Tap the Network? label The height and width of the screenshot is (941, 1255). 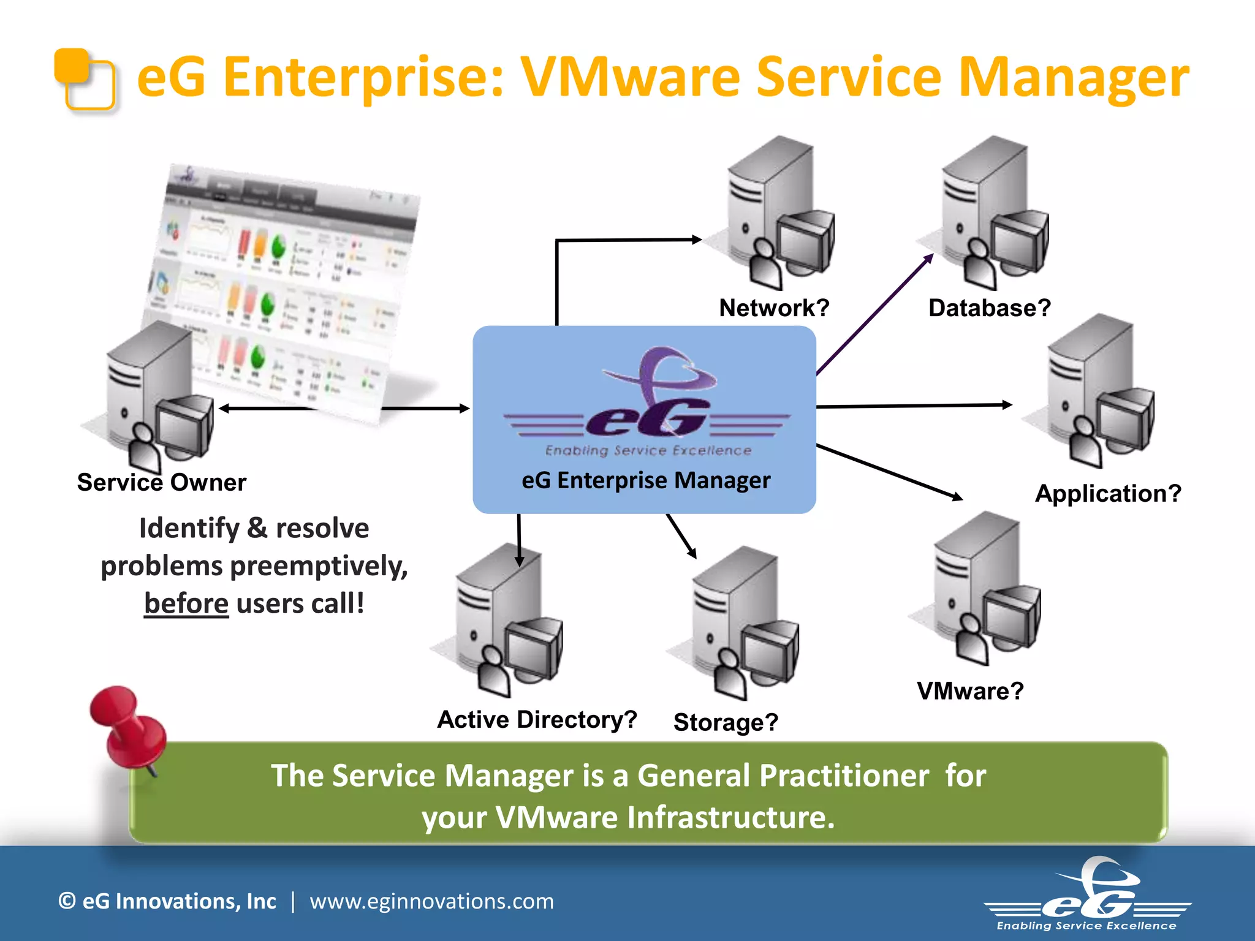click(x=774, y=308)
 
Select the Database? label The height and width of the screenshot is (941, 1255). click(x=989, y=308)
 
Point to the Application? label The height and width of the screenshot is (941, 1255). click(x=1108, y=493)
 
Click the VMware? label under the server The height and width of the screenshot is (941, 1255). click(x=970, y=691)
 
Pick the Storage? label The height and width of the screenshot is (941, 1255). click(x=726, y=722)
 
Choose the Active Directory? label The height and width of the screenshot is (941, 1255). click(x=537, y=719)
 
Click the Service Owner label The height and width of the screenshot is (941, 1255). click(x=162, y=482)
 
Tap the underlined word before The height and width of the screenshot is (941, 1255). click(x=186, y=603)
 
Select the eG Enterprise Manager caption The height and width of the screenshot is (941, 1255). click(x=646, y=480)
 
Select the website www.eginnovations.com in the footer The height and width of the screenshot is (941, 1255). click(x=431, y=901)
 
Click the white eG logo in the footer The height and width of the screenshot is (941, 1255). click(x=1088, y=894)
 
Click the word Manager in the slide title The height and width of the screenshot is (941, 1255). click(x=1073, y=77)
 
